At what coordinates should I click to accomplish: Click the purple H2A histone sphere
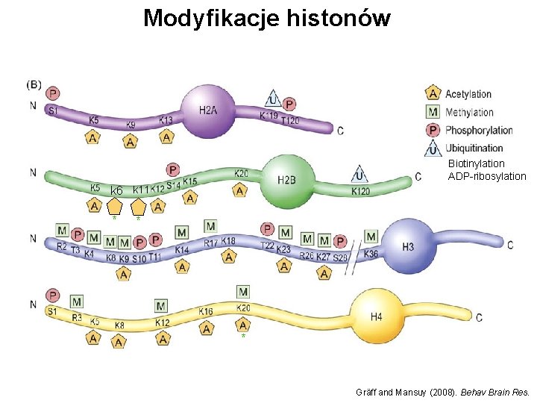208,111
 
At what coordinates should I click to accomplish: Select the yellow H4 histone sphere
375,316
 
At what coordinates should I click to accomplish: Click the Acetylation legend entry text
468,94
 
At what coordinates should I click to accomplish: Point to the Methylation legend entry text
469,112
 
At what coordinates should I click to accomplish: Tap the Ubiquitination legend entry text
474,148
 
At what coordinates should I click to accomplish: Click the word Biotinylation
477,163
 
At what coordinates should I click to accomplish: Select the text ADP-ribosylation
487,177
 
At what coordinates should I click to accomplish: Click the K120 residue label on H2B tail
362,192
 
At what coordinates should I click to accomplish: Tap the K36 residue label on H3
371,254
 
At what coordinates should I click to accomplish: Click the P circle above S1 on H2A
53,93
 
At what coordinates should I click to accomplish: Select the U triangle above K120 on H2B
360,175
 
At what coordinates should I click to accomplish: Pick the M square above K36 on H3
371,237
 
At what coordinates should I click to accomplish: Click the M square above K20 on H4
243,291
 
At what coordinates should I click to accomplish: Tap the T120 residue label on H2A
290,121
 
